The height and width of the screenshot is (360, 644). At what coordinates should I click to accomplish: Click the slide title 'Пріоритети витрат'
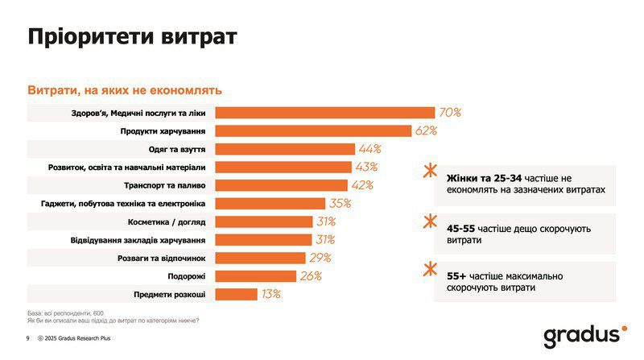(x=133, y=37)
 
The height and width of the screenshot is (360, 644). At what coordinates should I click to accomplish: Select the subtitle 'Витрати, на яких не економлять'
(x=125, y=90)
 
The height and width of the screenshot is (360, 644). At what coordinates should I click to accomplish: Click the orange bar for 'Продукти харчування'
(x=314, y=130)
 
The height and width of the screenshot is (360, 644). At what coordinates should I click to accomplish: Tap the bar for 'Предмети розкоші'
(x=236, y=294)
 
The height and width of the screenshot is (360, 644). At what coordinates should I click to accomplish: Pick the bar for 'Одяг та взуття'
(x=285, y=149)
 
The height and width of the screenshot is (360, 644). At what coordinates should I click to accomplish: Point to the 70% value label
(x=448, y=113)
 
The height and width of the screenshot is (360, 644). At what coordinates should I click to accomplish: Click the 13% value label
(x=270, y=294)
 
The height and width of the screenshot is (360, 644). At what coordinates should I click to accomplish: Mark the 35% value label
(x=339, y=204)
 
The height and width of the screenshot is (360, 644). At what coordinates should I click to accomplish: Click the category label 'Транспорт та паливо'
(x=160, y=185)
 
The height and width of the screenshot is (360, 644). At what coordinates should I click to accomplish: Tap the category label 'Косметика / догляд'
(x=167, y=221)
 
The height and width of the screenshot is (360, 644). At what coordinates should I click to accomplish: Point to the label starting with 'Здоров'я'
(x=138, y=113)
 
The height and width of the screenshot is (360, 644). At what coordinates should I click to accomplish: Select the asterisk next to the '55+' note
(x=430, y=268)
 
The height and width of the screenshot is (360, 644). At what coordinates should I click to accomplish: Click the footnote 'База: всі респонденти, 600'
(x=66, y=312)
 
